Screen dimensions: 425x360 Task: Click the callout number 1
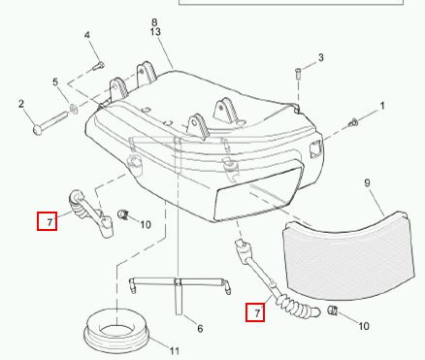pyautogui.click(x=382, y=106)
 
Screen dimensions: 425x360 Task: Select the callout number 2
pyautogui.click(x=21, y=104)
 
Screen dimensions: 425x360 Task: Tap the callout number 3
pyautogui.click(x=320, y=57)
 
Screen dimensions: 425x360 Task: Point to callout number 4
pyautogui.click(x=87, y=35)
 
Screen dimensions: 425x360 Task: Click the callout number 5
pyautogui.click(x=55, y=82)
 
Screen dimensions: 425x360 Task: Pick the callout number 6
pyautogui.click(x=200, y=329)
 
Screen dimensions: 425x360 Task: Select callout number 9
pyautogui.click(x=367, y=183)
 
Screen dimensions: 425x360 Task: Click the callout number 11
pyautogui.click(x=175, y=350)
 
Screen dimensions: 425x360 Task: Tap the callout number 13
pyautogui.click(x=155, y=32)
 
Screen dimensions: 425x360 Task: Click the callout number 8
pyautogui.click(x=154, y=22)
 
